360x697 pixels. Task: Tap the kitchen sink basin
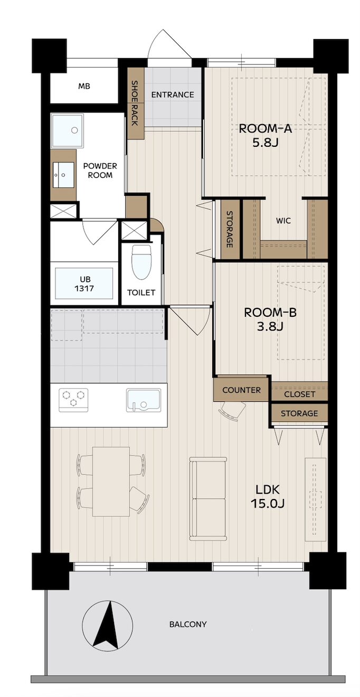click(144, 400)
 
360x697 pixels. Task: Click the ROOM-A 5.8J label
click(265, 135)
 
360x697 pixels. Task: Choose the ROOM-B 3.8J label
click(270, 319)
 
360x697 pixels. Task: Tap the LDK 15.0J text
click(268, 496)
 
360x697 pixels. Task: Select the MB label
click(84, 86)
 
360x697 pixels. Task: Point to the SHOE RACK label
click(135, 103)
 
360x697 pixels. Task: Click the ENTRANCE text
click(173, 95)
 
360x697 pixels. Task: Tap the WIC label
click(283, 221)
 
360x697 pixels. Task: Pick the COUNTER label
click(241, 390)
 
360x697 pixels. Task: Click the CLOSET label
click(300, 394)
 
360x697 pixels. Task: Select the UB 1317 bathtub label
click(84, 284)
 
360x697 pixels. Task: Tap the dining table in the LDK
click(111, 482)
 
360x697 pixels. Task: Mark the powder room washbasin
click(63, 175)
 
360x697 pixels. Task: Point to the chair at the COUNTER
click(232, 411)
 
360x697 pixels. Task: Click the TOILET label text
click(141, 293)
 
